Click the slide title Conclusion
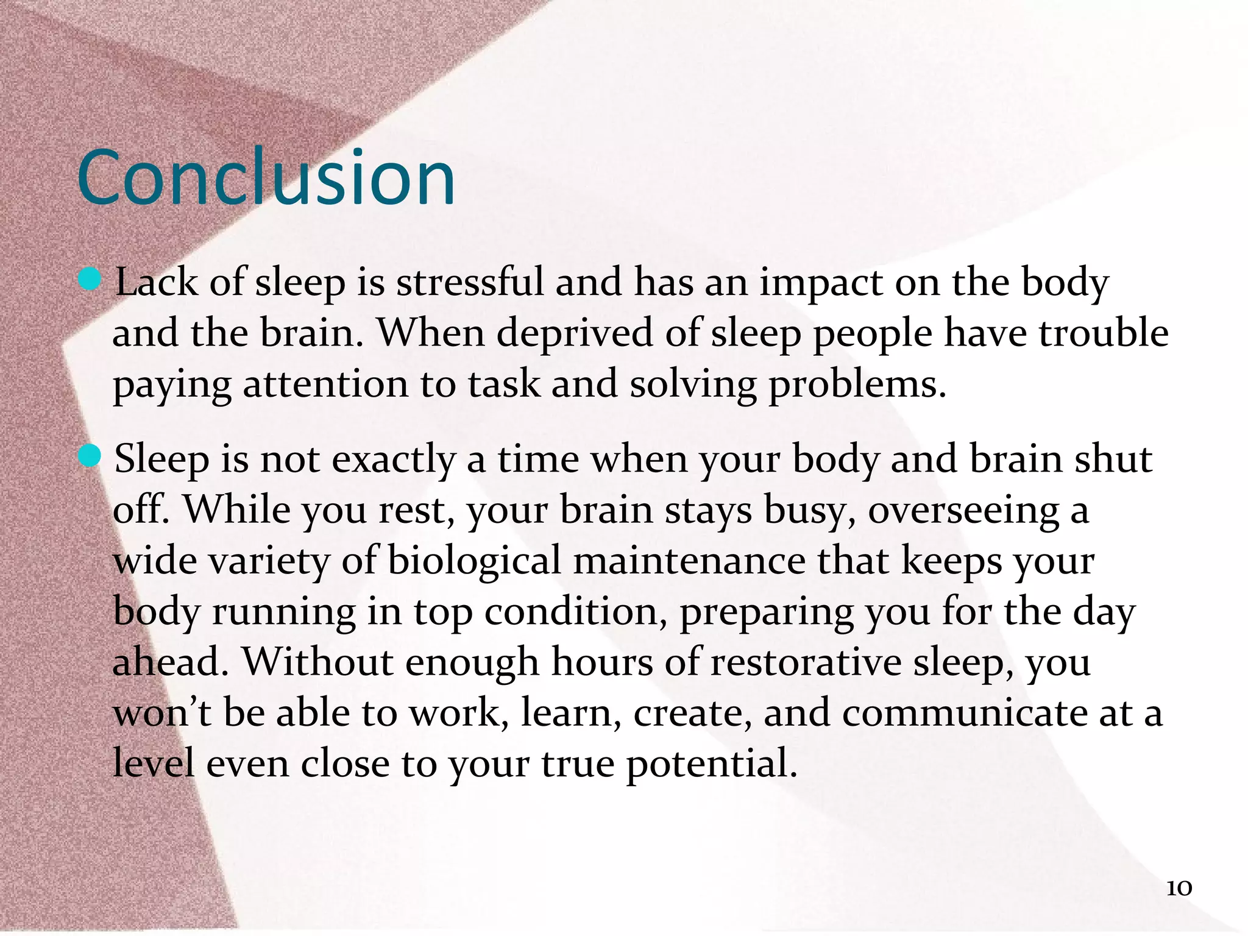point(266,178)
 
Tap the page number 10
point(1179,888)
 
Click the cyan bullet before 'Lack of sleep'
point(90,280)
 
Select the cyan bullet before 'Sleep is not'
point(90,456)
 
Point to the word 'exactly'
point(393,460)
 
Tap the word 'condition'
point(575,611)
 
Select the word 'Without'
point(317,662)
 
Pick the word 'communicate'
point(965,713)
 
